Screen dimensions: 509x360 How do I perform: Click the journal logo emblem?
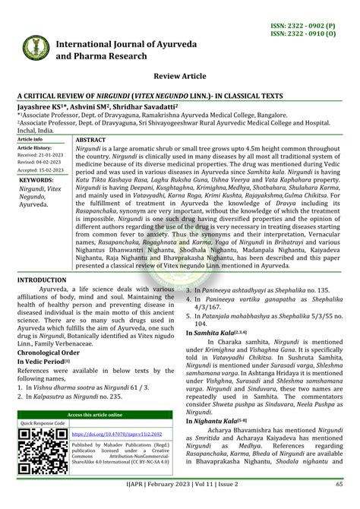tap(29, 47)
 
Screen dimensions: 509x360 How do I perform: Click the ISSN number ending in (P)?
tap(311, 25)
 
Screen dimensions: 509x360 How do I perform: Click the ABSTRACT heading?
tap(91, 141)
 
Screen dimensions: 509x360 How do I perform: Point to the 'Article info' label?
tap(30, 140)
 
